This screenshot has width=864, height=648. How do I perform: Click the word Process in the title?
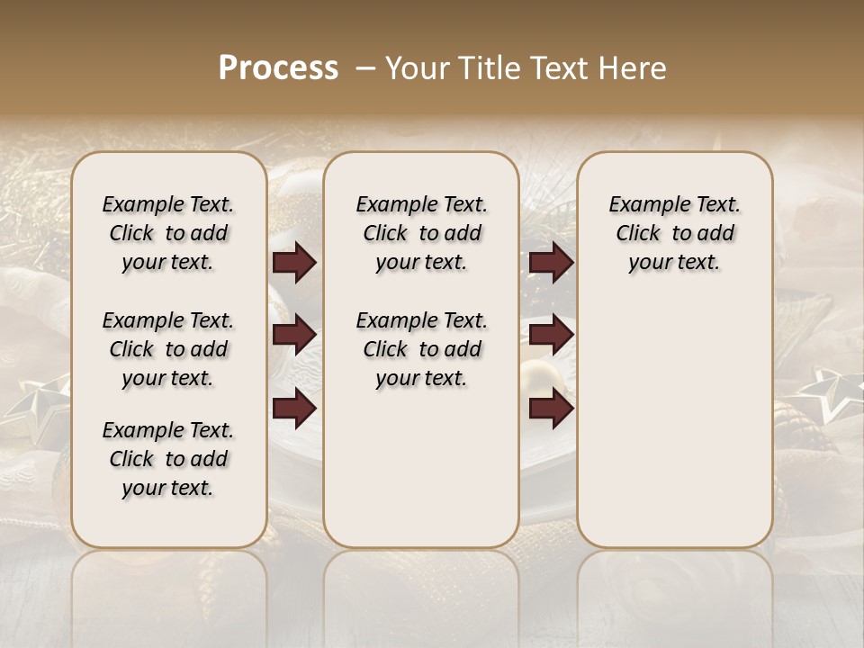278,68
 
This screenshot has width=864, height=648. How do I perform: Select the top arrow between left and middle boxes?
294,262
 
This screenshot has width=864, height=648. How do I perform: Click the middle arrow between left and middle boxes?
294,335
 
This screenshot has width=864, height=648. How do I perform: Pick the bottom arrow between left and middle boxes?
294,409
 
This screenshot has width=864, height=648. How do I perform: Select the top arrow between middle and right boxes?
551,262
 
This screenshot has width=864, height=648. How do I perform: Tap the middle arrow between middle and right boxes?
551,335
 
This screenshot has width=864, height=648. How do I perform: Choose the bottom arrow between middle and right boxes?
551,409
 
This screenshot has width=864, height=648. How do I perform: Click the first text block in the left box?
167,233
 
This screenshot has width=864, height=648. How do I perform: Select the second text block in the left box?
167,349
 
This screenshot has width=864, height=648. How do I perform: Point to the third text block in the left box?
167,459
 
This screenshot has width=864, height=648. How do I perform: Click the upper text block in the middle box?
421,233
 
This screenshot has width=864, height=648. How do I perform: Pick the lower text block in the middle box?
421,349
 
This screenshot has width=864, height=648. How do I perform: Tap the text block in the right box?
674,233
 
